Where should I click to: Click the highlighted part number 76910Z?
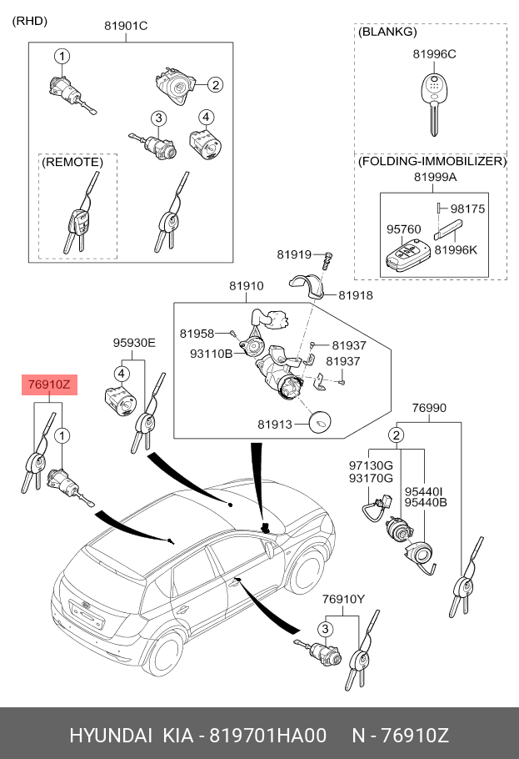coord(49,385)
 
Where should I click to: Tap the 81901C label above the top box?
coord(126,26)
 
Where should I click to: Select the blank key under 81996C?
coord(435,104)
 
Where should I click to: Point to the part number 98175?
coord(467,209)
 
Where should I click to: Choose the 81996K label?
coord(456,249)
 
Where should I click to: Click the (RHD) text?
coord(29,21)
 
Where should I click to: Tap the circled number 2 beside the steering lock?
coord(215,85)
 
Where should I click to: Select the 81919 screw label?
coord(294,254)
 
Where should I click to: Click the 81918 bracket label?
coord(356,294)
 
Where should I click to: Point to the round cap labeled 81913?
coord(320,423)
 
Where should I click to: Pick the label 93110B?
coord(211,354)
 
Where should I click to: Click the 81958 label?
coord(197,334)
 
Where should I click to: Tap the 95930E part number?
coord(134,343)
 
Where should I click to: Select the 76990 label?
coord(429,408)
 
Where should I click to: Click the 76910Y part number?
coord(343,599)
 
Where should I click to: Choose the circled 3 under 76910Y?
coord(325,629)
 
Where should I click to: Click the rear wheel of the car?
coord(166,654)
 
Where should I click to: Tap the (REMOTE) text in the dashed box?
coord(72,162)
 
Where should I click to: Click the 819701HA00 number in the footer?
coord(267,736)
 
